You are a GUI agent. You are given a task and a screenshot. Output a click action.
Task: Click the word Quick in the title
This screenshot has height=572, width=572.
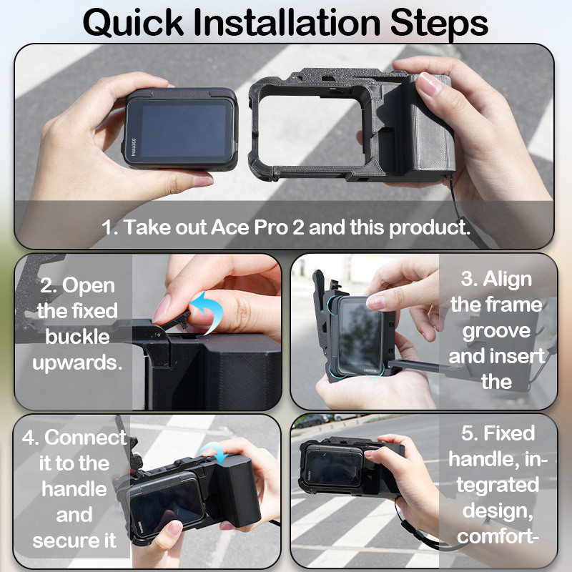click(x=133, y=24)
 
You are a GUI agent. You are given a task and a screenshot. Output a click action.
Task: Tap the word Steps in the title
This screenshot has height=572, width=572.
click(x=439, y=24)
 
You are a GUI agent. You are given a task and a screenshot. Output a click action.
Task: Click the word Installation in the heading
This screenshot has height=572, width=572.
click(x=287, y=23)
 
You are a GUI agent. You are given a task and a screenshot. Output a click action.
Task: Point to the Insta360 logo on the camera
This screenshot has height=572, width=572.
click(x=134, y=147)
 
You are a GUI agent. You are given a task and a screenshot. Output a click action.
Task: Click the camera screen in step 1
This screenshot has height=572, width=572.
click(x=184, y=130)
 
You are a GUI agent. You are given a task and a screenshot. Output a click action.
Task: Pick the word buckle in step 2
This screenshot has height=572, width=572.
click(x=77, y=336)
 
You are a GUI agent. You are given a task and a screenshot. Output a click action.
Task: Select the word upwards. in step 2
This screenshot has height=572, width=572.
click(x=77, y=363)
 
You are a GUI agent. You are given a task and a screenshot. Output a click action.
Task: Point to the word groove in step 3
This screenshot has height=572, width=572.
click(x=496, y=331)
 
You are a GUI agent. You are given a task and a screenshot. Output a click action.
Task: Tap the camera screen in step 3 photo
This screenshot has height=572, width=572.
click(x=360, y=335)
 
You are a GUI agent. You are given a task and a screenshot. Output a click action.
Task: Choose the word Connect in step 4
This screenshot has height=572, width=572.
click(x=86, y=437)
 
